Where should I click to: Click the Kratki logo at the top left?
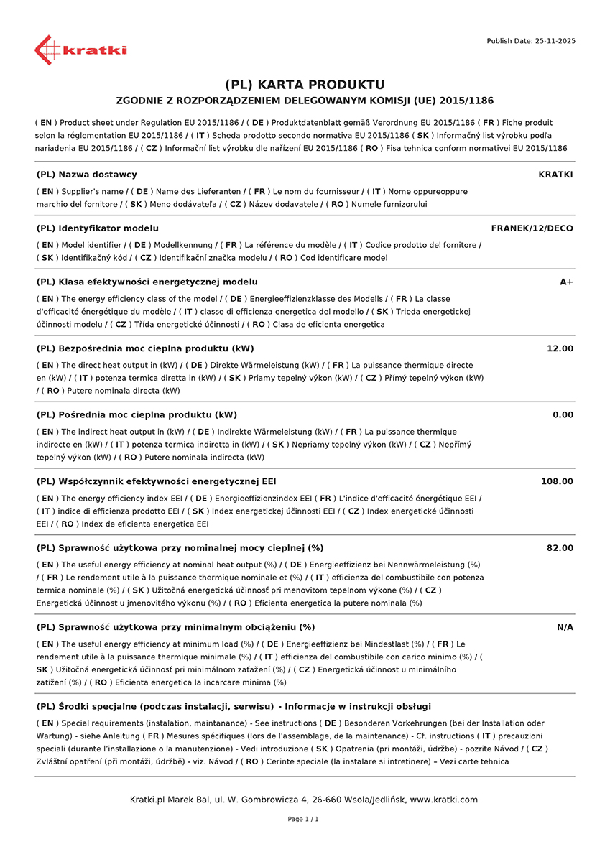pyautogui.click(x=80, y=50)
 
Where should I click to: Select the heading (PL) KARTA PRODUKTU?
pyautogui.click(x=305, y=85)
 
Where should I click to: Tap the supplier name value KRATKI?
pyautogui.click(x=555, y=175)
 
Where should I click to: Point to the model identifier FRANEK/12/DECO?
pyautogui.click(x=532, y=228)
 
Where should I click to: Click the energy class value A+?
pyautogui.click(x=566, y=282)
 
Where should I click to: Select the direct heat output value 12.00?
pyautogui.click(x=560, y=348)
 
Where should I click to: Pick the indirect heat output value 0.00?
pyautogui.click(x=563, y=415)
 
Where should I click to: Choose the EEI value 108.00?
pyautogui.click(x=557, y=481)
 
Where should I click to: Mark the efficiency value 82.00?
pyautogui.click(x=560, y=548)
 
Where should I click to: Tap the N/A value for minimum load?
pyautogui.click(x=565, y=627)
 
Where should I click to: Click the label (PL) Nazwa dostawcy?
pyautogui.click(x=86, y=175)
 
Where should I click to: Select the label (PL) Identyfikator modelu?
pyautogui.click(x=97, y=228)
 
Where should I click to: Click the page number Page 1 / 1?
pyautogui.click(x=303, y=819)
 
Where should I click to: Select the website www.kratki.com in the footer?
pyautogui.click(x=443, y=800)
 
